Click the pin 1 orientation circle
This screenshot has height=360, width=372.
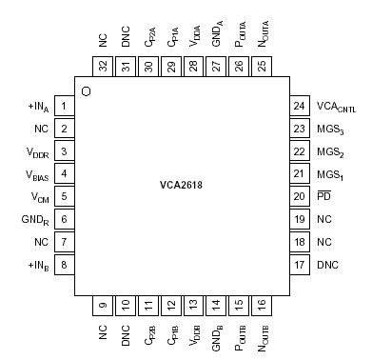[x=87, y=90]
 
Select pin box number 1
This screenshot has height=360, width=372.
[x=64, y=106]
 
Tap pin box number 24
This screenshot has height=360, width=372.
[x=301, y=106]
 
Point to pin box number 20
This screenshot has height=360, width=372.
[x=301, y=195]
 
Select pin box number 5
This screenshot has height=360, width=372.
[x=64, y=196]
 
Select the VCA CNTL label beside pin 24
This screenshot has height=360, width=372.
[x=336, y=107]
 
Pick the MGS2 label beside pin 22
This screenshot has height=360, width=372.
[x=329, y=151]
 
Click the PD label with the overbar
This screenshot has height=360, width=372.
[x=323, y=195]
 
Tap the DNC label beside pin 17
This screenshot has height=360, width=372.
[x=327, y=264]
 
